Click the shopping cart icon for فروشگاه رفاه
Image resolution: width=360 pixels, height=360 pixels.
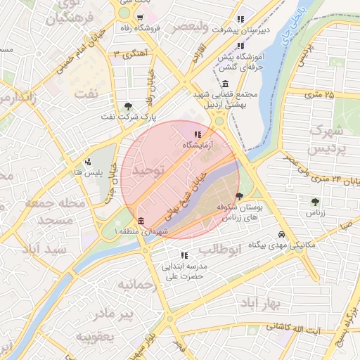coord(141,18)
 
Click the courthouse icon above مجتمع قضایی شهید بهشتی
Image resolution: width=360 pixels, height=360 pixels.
coord(224,84)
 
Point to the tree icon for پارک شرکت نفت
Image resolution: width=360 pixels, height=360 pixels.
coord(127,106)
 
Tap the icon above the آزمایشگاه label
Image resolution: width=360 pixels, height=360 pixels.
coord(198,134)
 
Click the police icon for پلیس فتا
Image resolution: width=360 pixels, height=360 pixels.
coord(87,162)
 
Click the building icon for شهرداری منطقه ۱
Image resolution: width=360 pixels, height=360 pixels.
coord(141,221)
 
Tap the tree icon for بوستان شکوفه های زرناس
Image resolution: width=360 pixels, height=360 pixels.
coord(240,197)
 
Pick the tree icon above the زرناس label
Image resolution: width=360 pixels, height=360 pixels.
coord(314,202)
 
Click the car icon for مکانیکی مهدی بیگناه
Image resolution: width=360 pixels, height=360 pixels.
coord(281,234)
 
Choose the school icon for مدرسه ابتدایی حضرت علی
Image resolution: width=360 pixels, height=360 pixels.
coord(184,255)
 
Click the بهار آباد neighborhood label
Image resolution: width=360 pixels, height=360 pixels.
coord(259,302)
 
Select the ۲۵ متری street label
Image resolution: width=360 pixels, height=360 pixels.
coord(320,94)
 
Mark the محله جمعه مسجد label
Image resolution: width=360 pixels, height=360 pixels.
coord(55,212)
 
